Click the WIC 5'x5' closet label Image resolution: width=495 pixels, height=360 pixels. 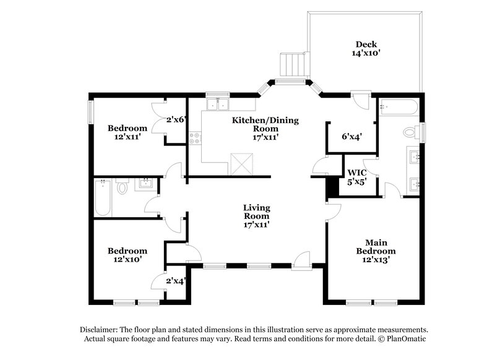[357, 177]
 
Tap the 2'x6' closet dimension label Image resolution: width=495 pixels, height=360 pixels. [176, 119]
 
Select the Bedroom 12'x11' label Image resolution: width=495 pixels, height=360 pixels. [127, 132]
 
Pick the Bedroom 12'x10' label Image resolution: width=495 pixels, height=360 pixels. [127, 255]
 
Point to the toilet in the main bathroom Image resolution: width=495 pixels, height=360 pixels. [410, 132]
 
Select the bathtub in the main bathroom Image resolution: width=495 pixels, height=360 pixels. [400, 108]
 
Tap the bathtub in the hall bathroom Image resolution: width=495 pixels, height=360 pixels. [103, 198]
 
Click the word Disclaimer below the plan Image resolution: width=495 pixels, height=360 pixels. [100, 330]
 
